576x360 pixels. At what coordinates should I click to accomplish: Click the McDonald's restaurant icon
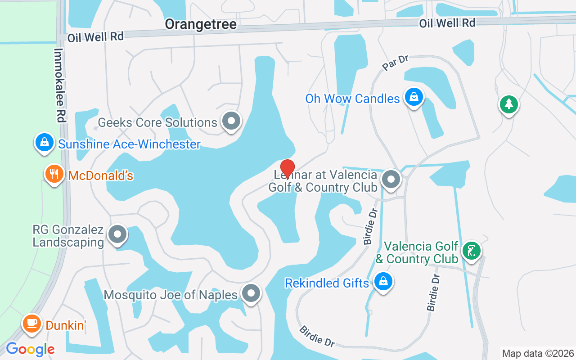pyautogui.click(x=54, y=174)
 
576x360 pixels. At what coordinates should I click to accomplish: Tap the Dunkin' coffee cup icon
pyautogui.click(x=31, y=323)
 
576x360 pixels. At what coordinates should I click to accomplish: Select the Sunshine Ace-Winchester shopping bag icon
pyautogui.click(x=44, y=142)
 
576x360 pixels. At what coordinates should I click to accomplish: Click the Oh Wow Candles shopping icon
pyautogui.click(x=413, y=96)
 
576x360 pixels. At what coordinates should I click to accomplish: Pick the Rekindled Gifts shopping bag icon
pyautogui.click(x=383, y=282)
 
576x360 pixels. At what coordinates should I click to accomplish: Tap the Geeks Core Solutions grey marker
pyautogui.click(x=231, y=121)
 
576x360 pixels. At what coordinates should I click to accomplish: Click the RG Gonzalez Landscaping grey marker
pyautogui.click(x=118, y=234)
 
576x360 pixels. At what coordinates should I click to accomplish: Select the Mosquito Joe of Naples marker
pyautogui.click(x=251, y=293)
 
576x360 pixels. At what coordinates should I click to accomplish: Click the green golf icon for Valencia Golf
pyautogui.click(x=471, y=250)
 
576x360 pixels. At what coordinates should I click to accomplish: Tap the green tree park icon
pyautogui.click(x=509, y=104)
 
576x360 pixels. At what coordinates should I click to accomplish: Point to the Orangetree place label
pyautogui.click(x=201, y=24)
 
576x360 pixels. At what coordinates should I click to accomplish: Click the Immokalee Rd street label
pyautogui.click(x=59, y=85)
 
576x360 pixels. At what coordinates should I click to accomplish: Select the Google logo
pyautogui.click(x=30, y=349)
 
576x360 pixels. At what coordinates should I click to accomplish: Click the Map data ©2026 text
pyautogui.click(x=538, y=354)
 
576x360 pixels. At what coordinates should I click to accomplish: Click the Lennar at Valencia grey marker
pyautogui.click(x=391, y=179)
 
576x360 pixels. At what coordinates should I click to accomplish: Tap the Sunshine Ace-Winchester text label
pyautogui.click(x=129, y=144)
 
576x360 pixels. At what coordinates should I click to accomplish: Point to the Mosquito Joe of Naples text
pyautogui.click(x=171, y=295)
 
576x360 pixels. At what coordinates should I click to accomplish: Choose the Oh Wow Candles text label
pyautogui.click(x=352, y=99)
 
